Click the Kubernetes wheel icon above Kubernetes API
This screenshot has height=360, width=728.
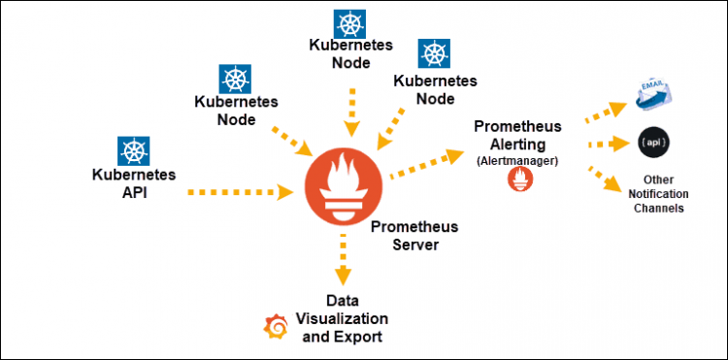(x=133, y=150)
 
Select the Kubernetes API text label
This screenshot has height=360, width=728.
(x=133, y=182)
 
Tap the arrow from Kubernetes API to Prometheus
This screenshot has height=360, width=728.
(x=239, y=193)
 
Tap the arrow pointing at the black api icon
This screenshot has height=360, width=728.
(x=608, y=146)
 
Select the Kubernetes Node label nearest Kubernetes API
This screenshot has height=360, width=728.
(x=237, y=111)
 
